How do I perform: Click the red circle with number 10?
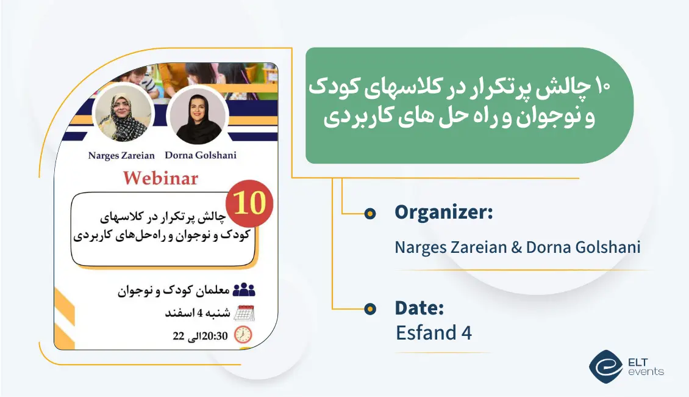click(249, 203)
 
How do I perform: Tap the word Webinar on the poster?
click(161, 178)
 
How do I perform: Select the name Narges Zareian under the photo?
click(121, 155)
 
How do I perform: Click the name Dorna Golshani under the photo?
click(201, 155)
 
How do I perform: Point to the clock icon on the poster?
click(243, 334)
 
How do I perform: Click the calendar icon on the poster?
click(244, 313)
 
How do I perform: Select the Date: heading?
click(419, 308)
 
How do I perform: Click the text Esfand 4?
click(434, 333)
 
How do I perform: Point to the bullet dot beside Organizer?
click(369, 213)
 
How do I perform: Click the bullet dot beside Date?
click(369, 309)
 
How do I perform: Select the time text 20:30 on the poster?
click(216, 335)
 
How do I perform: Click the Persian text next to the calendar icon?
click(198, 313)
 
